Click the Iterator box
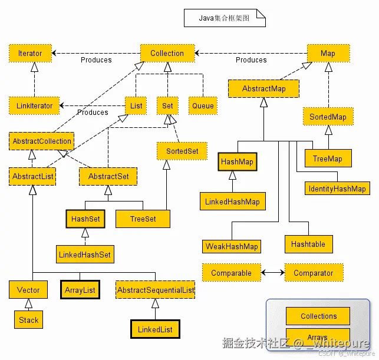tap(30, 53)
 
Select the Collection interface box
tap(167, 53)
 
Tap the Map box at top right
tap(328, 53)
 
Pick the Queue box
tap(203, 106)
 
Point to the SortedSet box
tap(182, 151)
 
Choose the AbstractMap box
tap(263, 88)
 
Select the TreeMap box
tap(328, 158)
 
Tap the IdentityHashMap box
tap(337, 189)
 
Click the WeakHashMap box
tap(232, 246)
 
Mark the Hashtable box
tap(308, 243)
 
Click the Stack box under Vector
tap(28, 320)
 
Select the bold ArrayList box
tap(80, 290)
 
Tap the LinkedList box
tap(155, 329)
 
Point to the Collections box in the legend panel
tap(318, 316)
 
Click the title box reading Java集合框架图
tap(225, 18)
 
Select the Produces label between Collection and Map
tap(251, 60)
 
